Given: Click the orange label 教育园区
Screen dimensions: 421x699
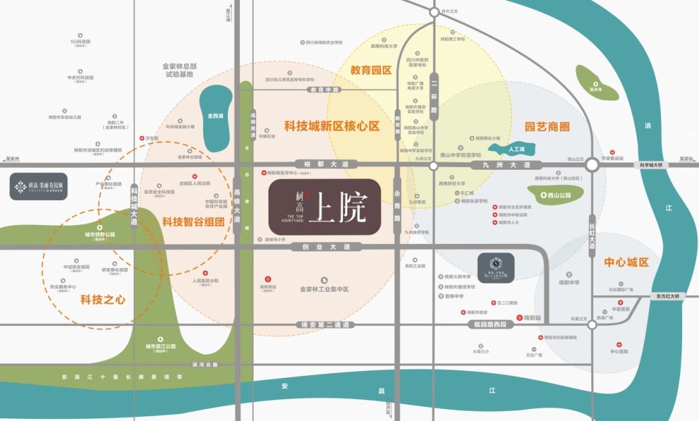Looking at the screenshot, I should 371,69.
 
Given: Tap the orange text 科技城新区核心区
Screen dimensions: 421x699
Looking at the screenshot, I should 332,126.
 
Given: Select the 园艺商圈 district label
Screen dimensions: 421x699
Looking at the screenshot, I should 547,127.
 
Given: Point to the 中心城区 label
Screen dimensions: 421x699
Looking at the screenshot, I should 626,261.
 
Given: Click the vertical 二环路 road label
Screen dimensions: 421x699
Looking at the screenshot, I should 433,96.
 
